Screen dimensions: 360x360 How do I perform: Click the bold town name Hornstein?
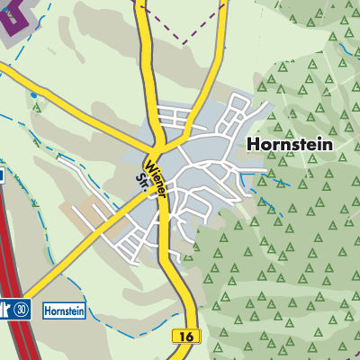pyautogui.click(x=288, y=144)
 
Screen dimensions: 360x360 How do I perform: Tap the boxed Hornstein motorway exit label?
pyautogui.click(x=63, y=309)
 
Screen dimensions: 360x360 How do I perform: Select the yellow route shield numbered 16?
pyautogui.click(x=186, y=336)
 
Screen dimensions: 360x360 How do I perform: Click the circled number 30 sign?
pyautogui.click(x=22, y=309)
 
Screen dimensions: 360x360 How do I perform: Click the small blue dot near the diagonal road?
pyautogui.click(x=34, y=94)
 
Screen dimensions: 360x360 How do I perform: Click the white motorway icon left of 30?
pyautogui.click(x=6, y=309)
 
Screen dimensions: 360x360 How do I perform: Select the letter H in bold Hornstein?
pyautogui.click(x=250, y=144)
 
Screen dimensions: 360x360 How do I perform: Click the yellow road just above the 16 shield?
pyautogui.click(x=184, y=310)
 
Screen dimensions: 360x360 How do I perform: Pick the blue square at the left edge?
pyautogui.click(x=2, y=176)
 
